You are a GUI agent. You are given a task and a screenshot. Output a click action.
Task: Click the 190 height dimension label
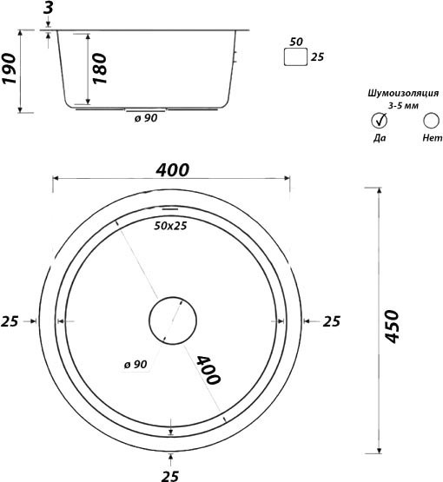coord(9,69)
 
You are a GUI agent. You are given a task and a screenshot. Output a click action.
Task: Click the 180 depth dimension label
coord(100,69)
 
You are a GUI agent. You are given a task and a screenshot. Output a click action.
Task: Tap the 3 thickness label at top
coord(49,8)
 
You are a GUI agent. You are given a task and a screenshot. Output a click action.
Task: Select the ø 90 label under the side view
coord(146,118)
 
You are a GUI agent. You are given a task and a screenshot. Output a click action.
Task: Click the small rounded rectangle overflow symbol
coord(295,56)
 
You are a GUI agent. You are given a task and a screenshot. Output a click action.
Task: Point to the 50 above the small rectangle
coord(296,42)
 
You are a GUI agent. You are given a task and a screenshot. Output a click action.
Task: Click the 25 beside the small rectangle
coord(317,56)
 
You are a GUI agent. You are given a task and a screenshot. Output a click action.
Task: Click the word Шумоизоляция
coord(403,93)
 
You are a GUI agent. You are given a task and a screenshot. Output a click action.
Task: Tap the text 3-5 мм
coord(403,106)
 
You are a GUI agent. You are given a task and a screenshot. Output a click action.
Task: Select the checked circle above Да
coord(380,121)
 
